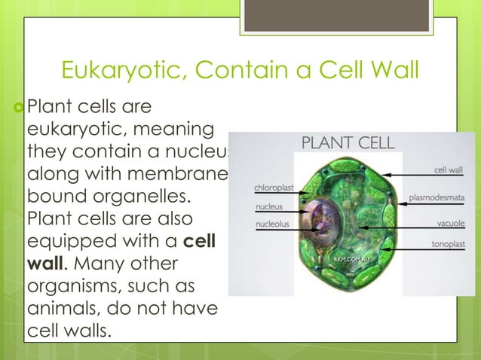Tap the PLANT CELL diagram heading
pos(348,142)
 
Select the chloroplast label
pos(273,187)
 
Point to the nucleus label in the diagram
pos(269,206)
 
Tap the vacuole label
pos(450,224)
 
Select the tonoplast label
pos(447,244)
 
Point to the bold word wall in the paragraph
pos(43,265)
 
